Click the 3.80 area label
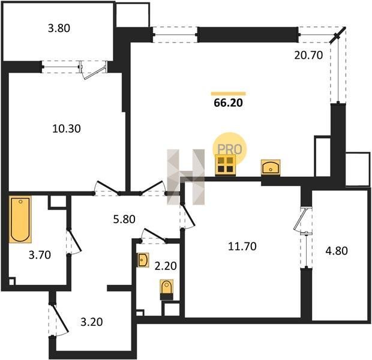click(59, 28)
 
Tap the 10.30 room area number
click(67, 128)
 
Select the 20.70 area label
click(308, 55)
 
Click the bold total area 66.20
click(228, 103)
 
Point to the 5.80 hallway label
click(124, 219)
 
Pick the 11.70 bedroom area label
click(242, 247)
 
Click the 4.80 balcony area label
click(337, 251)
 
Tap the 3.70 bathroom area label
click(40, 255)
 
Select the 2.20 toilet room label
click(166, 266)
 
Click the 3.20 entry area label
click(92, 322)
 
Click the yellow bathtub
click(20, 219)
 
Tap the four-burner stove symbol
click(226, 165)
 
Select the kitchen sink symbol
click(271, 167)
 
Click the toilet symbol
click(167, 290)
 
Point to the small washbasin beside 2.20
click(143, 260)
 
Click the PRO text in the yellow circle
click(230, 149)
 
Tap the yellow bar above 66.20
click(229, 94)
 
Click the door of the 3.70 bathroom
click(74, 241)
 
